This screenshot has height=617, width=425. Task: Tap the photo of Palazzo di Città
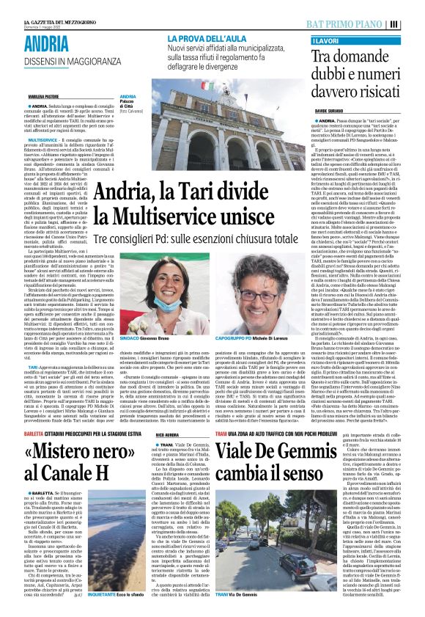pos(232,131)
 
